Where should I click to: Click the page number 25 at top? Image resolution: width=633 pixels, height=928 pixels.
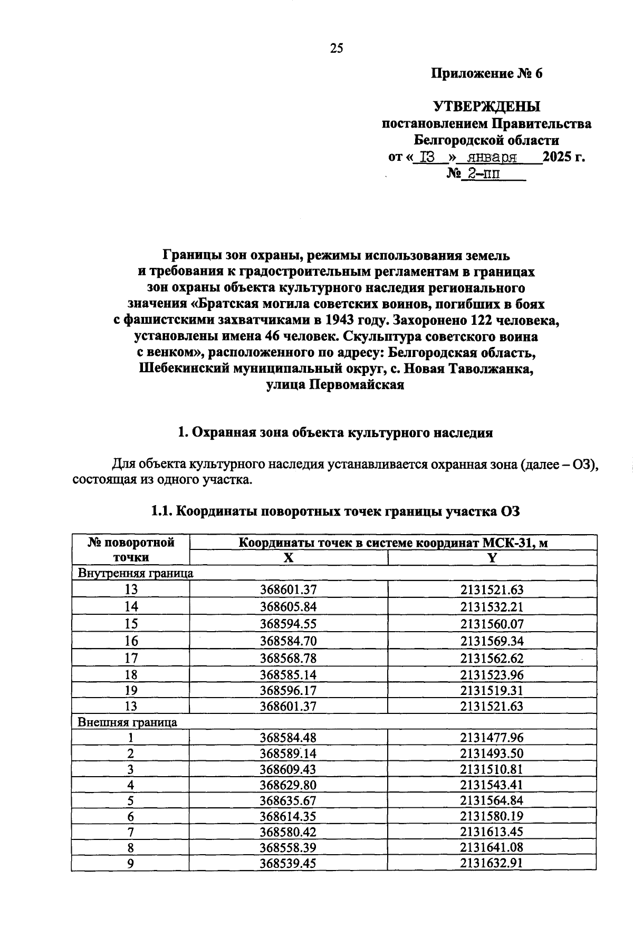point(337,49)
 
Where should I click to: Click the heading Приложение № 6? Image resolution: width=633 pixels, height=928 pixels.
point(486,73)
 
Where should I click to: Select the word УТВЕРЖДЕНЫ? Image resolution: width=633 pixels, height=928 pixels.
point(486,107)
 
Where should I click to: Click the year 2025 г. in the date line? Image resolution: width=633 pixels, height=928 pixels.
point(564,157)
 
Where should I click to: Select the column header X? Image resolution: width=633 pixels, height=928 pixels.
point(288,558)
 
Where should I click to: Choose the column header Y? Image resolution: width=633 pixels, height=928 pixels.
point(492,558)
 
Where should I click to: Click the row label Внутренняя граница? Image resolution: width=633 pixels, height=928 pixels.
point(136,573)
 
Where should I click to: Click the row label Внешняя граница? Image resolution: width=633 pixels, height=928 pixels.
point(127,722)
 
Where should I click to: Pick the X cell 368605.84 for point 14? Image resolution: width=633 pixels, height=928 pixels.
point(288,607)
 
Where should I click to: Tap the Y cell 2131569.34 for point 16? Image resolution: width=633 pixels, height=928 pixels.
point(492,641)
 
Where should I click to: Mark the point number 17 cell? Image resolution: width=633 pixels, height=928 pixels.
point(131,658)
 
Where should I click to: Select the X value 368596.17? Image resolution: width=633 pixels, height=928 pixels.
point(288,690)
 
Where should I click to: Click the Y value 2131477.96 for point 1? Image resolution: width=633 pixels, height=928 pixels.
point(492,738)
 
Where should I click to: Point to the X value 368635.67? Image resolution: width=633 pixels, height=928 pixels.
point(288,800)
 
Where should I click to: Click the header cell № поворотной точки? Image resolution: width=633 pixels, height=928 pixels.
point(131,550)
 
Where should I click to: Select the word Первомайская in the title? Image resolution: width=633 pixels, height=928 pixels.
point(359,385)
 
